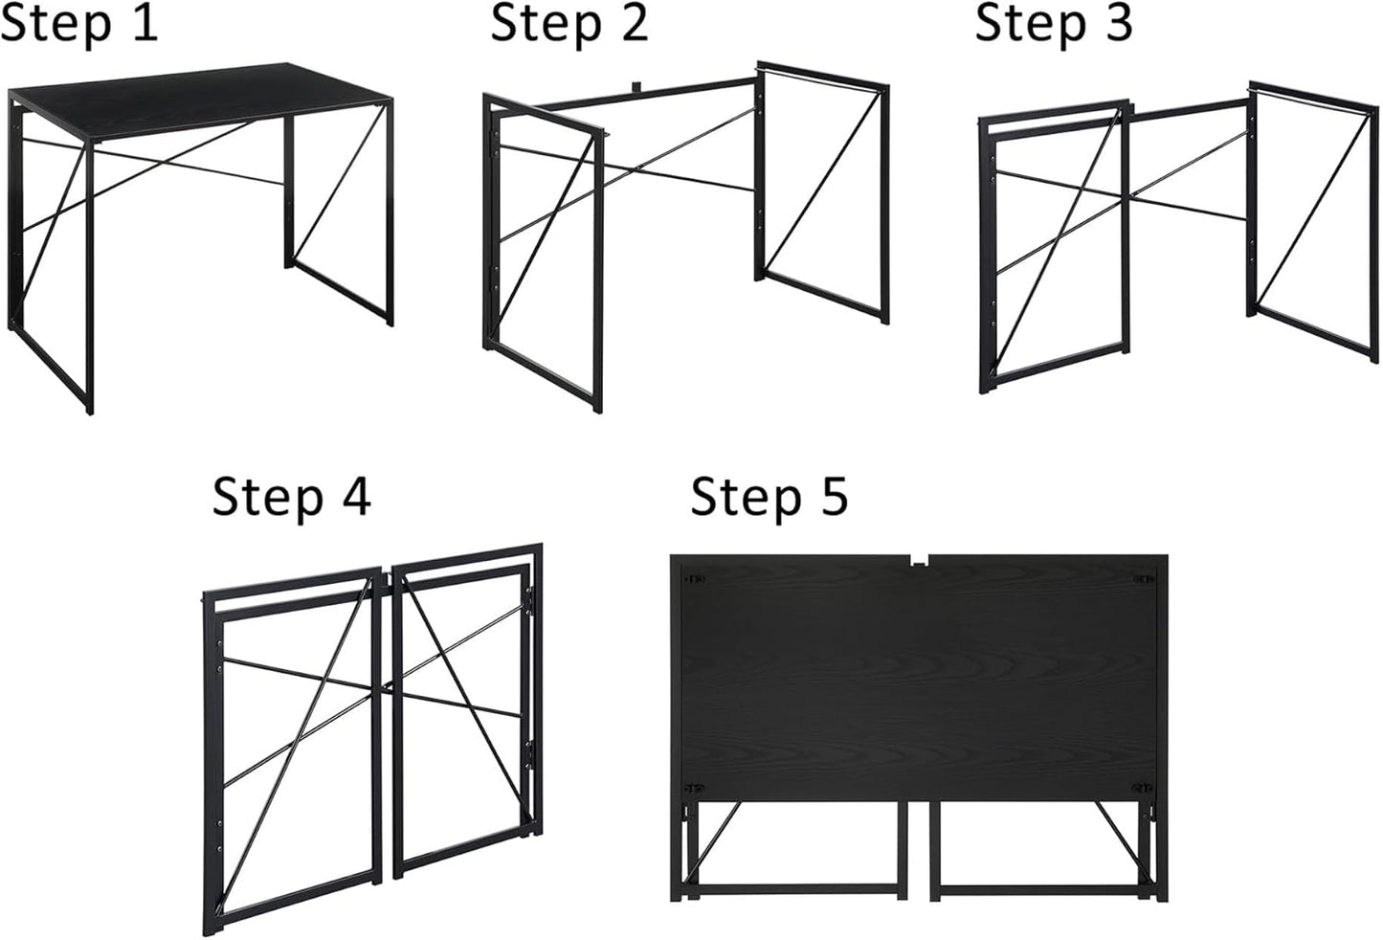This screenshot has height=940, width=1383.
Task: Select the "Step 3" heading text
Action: point(1054,23)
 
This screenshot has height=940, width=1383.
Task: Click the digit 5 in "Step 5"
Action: point(832,497)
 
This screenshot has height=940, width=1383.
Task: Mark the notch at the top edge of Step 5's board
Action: point(919,560)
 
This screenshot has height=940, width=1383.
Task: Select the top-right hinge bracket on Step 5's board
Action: point(1143,579)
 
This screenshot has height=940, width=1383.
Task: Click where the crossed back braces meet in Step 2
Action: point(627,170)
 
